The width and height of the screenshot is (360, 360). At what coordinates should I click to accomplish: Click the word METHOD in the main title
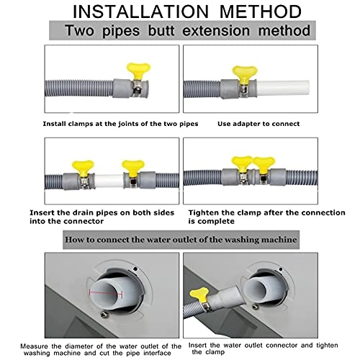(261, 12)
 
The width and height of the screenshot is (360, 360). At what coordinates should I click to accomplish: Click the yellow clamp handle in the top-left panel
(138, 71)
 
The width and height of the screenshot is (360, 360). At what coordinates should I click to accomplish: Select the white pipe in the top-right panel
(283, 88)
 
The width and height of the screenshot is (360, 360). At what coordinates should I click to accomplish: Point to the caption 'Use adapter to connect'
(258, 124)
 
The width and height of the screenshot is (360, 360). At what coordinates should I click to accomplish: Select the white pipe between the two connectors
(109, 181)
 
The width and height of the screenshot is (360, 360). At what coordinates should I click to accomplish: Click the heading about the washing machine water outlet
(181, 240)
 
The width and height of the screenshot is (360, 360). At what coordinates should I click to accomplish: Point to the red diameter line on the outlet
(106, 293)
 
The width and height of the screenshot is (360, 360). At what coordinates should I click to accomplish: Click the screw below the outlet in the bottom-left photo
(104, 314)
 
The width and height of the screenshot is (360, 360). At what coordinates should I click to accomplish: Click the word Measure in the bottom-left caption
(34, 346)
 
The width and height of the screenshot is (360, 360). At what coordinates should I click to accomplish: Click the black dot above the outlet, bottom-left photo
(135, 269)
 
